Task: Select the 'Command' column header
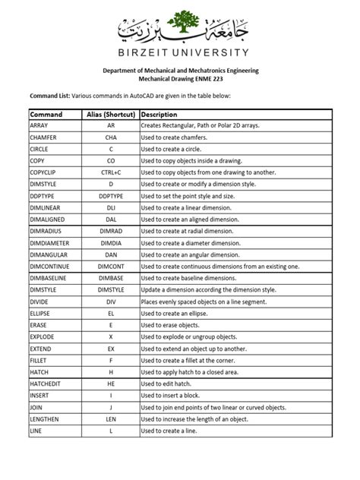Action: click(46, 113)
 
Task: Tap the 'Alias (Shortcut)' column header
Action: click(110, 113)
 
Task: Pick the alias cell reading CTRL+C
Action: click(110, 172)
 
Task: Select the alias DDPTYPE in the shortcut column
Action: click(110, 196)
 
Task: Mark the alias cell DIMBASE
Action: click(110, 278)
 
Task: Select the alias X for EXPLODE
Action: click(110, 336)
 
